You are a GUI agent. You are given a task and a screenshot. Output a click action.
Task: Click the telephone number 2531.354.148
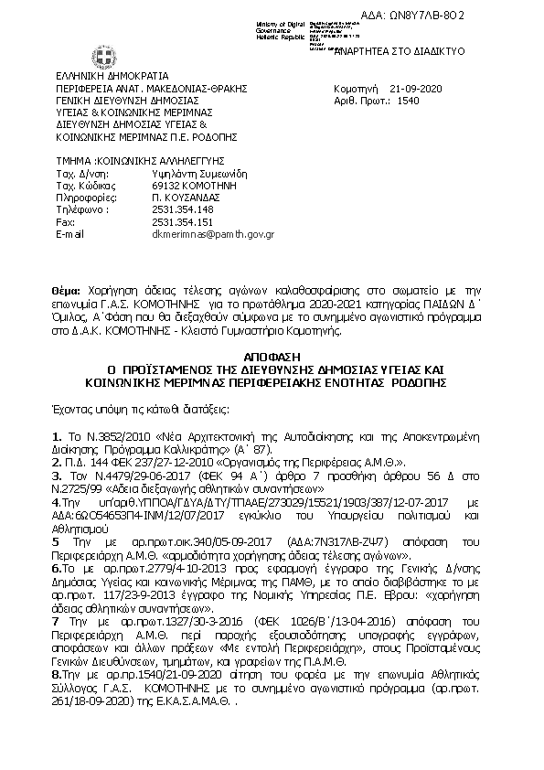[x=182, y=209]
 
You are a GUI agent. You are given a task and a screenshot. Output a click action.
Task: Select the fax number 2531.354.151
[x=182, y=222]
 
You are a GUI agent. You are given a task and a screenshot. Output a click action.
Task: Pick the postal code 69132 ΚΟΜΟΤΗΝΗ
[x=191, y=184]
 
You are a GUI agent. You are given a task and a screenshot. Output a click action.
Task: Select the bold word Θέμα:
[x=68, y=286]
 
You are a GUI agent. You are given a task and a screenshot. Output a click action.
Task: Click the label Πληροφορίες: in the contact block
[x=82, y=197]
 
